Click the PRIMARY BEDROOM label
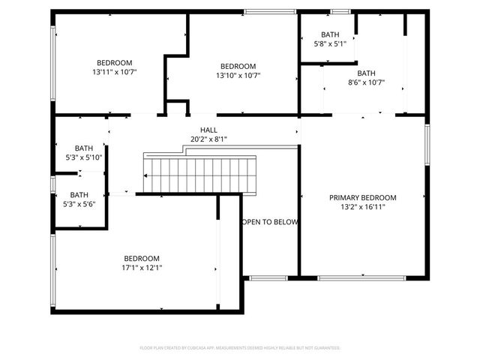tap(363, 198)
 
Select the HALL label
tap(208, 130)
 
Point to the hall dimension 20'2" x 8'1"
tap(208, 139)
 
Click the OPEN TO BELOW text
tap(270, 222)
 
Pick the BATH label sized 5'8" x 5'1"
tap(330, 34)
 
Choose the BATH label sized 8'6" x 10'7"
tap(366, 73)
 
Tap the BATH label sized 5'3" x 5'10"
tap(83, 148)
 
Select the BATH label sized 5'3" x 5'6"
tap(79, 195)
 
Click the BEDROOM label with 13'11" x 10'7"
tap(114, 63)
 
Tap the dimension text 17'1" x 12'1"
tap(142, 267)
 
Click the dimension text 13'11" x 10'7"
tap(114, 72)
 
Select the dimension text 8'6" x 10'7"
tap(366, 82)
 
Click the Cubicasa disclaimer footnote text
tap(240, 348)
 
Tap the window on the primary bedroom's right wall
tap(427, 144)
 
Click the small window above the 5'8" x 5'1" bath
tap(340, 11)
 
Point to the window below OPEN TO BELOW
tap(268, 278)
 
